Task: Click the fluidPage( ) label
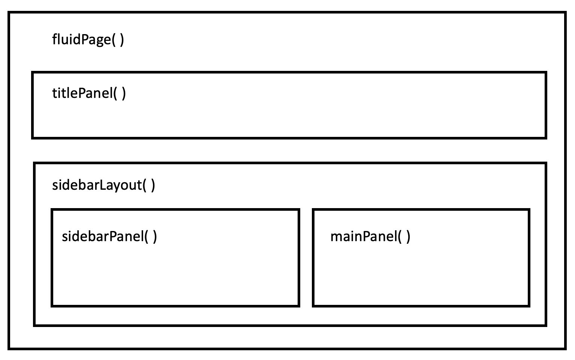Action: (x=88, y=39)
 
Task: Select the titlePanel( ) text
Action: (x=89, y=93)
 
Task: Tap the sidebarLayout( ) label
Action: (x=103, y=185)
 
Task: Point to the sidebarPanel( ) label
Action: (x=109, y=236)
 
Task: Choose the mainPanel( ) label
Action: (x=370, y=236)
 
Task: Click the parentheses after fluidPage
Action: (x=118, y=39)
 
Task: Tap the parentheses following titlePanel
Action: (x=120, y=93)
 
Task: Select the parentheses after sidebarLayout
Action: (x=149, y=185)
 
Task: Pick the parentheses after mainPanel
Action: (x=404, y=236)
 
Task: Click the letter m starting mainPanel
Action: (x=336, y=237)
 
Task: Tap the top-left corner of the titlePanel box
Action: (x=33, y=72)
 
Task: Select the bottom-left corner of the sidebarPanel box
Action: (x=52, y=306)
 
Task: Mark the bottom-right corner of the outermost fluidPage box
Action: (x=565, y=348)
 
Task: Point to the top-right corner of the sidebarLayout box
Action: (x=545, y=163)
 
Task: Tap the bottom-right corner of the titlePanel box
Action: (x=545, y=138)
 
